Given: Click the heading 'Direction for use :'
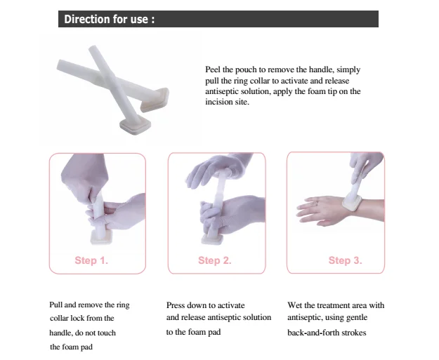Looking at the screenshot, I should [x=109, y=19].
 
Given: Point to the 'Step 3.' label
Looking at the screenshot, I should [x=345, y=260].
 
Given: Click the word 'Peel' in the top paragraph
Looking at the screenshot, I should [x=213, y=70].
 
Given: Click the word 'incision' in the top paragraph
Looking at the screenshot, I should [x=219, y=102].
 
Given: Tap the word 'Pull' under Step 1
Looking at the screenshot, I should [x=56, y=305].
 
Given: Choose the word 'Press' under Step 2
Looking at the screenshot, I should [x=177, y=305].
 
